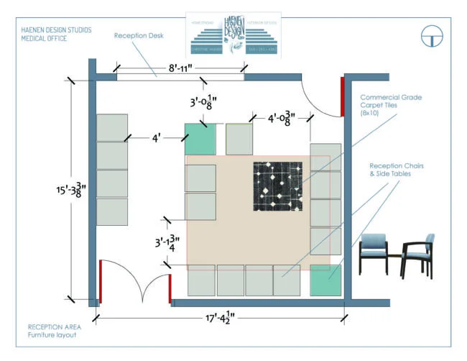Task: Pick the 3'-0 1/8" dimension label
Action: [203, 103]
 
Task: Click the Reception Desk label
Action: [139, 35]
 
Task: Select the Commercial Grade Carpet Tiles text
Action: [391, 105]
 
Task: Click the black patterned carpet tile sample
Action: [277, 186]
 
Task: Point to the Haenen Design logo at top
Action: [233, 35]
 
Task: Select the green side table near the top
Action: [200, 139]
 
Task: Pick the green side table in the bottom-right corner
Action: [325, 280]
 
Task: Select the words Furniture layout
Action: [52, 335]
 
